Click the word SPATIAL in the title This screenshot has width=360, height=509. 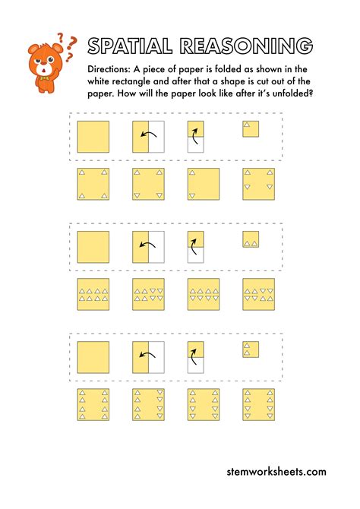pyautogui.click(x=130, y=46)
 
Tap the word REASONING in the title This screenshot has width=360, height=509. pyautogui.click(x=246, y=46)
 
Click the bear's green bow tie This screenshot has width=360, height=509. pyautogui.click(x=44, y=78)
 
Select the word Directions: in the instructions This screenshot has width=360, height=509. pyautogui.click(x=109, y=69)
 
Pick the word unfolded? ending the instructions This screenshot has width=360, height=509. pyautogui.click(x=293, y=93)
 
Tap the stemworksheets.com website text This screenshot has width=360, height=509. pyautogui.click(x=276, y=472)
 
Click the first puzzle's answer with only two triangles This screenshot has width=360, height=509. pyautogui.click(x=204, y=184)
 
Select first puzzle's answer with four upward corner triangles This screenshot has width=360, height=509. pyautogui.click(x=93, y=184)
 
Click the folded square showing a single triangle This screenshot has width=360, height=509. pyautogui.click(x=251, y=129)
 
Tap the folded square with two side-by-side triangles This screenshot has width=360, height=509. pyautogui.click(x=251, y=239)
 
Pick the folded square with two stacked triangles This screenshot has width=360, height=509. pyautogui.click(x=251, y=349)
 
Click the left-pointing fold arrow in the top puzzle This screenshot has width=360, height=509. pyautogui.click(x=148, y=133)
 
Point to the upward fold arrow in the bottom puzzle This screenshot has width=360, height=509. pyautogui.click(x=194, y=356)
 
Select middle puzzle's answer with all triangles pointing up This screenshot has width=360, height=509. pyautogui.click(x=93, y=295)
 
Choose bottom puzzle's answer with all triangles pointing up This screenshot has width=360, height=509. pyautogui.click(x=93, y=404)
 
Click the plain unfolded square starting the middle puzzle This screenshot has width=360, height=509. pyautogui.click(x=93, y=247)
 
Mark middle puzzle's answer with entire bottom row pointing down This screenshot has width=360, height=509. pyautogui.click(x=204, y=295)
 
